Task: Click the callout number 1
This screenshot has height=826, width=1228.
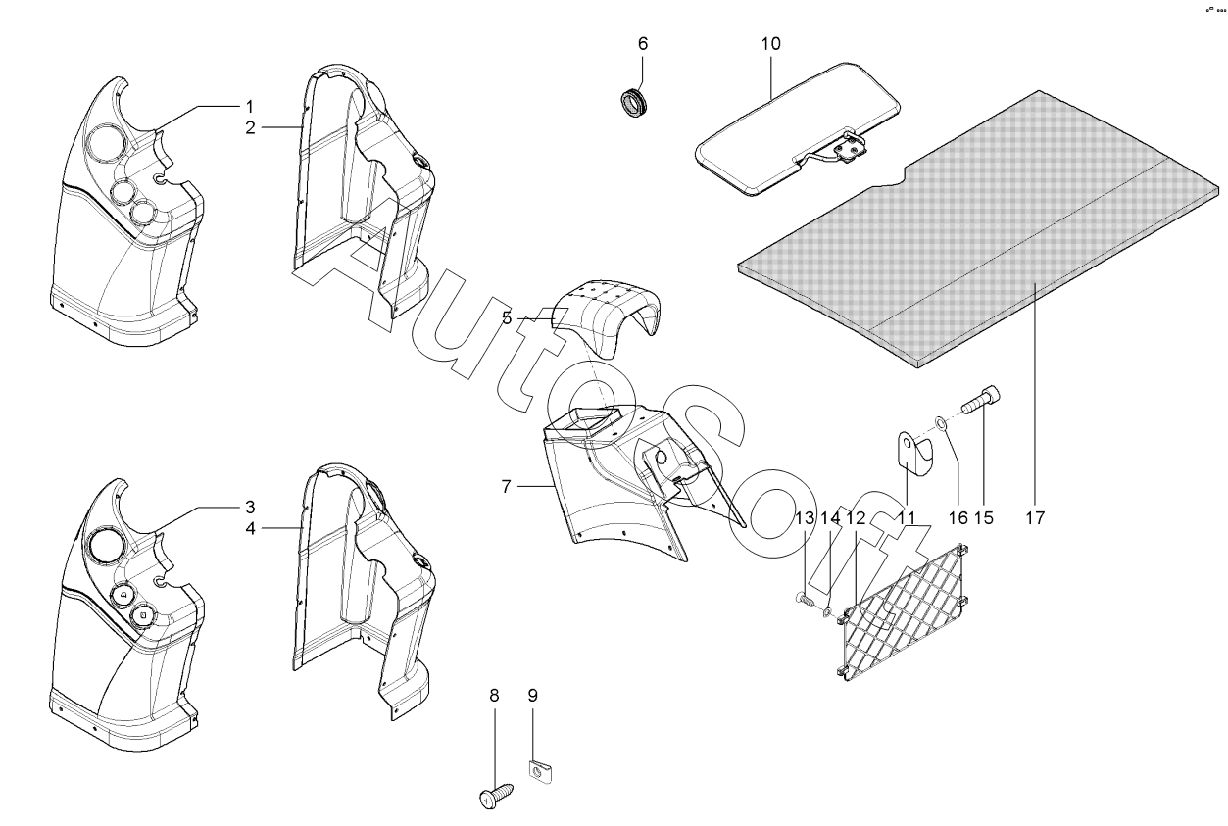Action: (x=249, y=105)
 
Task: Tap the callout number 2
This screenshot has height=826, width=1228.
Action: (x=250, y=127)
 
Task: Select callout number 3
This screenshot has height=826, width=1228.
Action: (x=249, y=507)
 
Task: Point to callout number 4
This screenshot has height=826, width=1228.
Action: (x=250, y=528)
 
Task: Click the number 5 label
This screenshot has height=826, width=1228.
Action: (x=507, y=317)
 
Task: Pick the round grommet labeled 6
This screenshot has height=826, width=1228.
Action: (x=635, y=100)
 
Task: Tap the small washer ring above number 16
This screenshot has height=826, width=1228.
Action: (x=939, y=423)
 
